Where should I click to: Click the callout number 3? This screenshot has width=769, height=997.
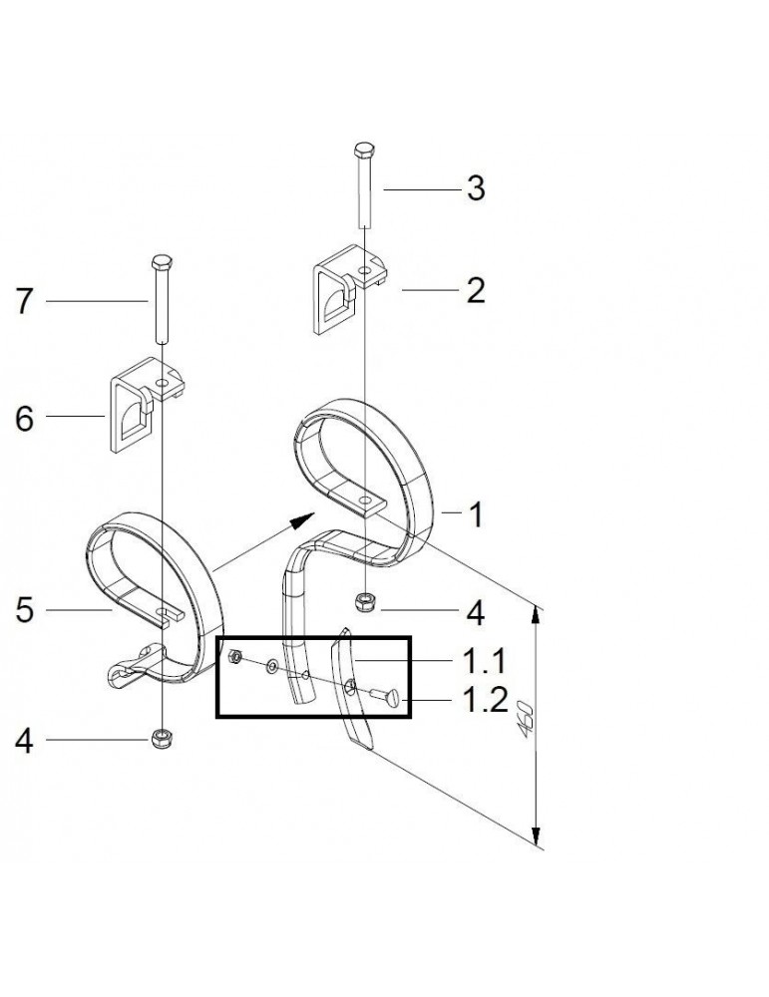coord(476,188)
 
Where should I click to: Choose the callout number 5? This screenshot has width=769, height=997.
coord(25,608)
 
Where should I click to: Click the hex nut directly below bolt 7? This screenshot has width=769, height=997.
coord(161,738)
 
